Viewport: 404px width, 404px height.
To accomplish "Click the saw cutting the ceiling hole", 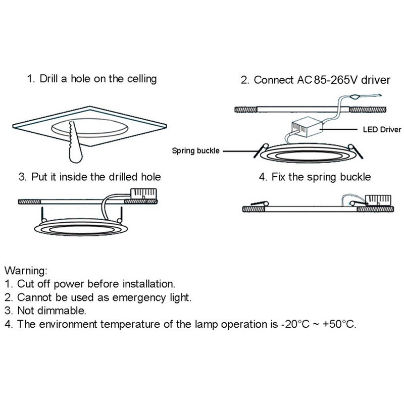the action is point(75,142).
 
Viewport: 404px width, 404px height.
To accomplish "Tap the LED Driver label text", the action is point(382,129).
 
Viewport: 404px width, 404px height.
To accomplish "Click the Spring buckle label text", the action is point(195,150).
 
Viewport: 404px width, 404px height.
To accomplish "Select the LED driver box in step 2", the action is point(307,127).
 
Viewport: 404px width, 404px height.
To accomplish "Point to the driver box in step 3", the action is point(143,194).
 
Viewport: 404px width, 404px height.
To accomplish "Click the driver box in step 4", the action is point(378,200).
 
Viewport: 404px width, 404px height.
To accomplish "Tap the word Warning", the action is point(26,271).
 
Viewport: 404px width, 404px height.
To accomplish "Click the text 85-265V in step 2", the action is point(336,80).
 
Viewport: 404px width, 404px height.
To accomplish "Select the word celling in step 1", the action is point(142,79).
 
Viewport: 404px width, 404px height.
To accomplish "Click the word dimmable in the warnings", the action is point(61,311).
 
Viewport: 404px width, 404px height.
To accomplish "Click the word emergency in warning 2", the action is point(139,297).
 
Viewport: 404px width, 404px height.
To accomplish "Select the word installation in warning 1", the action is point(148,284).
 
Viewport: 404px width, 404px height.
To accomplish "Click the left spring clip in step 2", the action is point(261,150).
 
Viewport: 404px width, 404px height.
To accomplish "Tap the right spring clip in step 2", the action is point(356,151).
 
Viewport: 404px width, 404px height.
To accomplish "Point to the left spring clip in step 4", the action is point(260,204).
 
